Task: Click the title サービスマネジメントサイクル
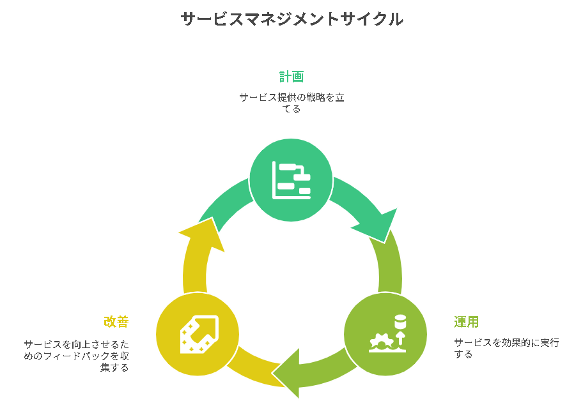point(291,19)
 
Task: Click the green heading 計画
point(291,77)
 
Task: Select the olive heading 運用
point(467,322)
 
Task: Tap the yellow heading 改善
point(116,322)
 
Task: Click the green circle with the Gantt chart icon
point(291,180)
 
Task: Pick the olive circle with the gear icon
point(385,334)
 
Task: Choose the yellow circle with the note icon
point(198,334)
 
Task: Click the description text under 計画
point(291,103)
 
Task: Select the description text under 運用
point(506,348)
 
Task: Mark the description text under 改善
point(77,356)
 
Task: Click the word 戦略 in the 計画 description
point(309,98)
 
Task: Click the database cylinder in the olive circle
point(400,321)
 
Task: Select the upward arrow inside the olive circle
point(400,338)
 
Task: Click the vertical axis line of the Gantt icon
point(274,179)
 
